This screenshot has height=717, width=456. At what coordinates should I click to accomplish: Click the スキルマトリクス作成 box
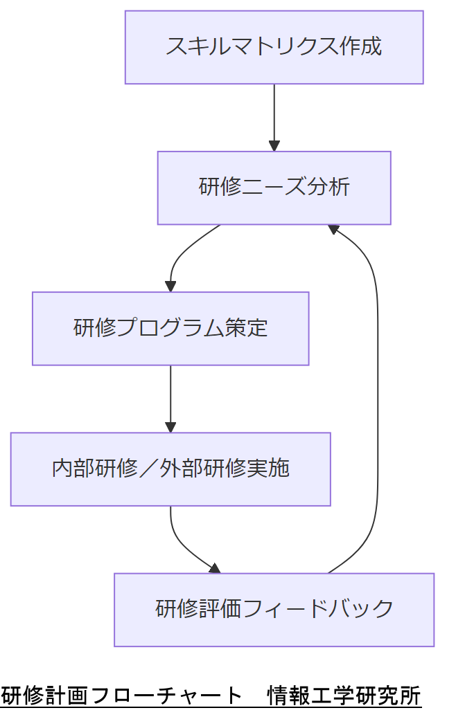point(274,47)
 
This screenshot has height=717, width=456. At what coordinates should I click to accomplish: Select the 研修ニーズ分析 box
point(274,188)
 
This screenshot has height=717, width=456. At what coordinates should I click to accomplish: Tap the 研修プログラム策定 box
point(170,328)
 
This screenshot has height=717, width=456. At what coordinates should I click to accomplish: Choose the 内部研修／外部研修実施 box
point(170,469)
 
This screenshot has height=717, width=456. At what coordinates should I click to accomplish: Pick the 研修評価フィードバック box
point(274,610)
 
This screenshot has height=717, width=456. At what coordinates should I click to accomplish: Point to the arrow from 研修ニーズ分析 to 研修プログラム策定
point(182,253)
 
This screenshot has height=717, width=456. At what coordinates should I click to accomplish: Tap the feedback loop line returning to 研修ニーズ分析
point(378,401)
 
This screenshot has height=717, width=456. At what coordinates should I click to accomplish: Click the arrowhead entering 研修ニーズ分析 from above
point(274,146)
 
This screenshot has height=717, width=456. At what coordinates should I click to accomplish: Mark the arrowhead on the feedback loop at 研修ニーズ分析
point(333,229)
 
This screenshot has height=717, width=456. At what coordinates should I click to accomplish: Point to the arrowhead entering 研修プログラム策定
point(170,287)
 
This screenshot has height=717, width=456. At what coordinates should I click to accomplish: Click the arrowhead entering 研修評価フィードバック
point(215,568)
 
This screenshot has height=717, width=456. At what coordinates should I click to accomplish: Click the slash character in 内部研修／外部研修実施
point(148,469)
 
